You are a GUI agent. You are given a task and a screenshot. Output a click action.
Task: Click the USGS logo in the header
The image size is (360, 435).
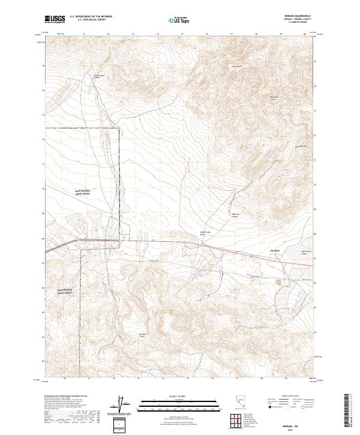click(55, 19)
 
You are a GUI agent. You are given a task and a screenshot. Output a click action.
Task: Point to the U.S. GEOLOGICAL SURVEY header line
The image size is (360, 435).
click(91, 21)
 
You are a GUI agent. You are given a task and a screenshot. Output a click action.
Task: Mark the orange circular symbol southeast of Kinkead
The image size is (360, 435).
click(278, 281)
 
